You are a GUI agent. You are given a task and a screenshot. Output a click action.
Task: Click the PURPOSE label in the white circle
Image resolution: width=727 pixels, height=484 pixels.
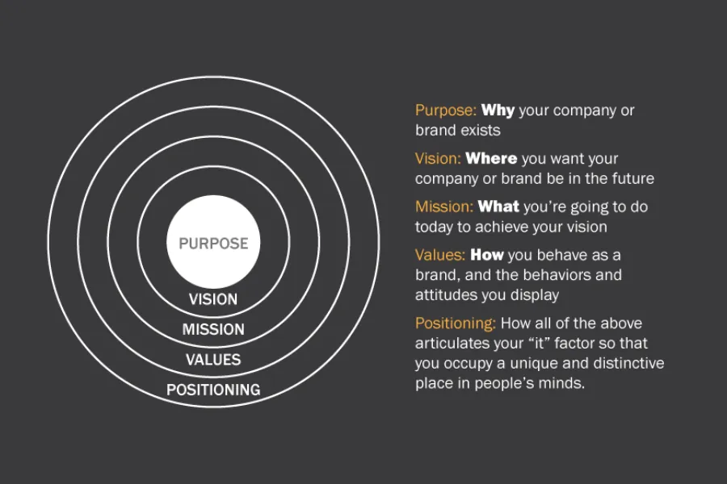click(213, 244)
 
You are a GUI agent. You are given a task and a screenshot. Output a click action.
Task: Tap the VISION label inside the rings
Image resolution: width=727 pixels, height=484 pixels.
click(213, 299)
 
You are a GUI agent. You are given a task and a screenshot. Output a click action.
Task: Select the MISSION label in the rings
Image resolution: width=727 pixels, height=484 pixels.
click(213, 329)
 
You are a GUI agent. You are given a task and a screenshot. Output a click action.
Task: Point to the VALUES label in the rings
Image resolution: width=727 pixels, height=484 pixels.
click(213, 360)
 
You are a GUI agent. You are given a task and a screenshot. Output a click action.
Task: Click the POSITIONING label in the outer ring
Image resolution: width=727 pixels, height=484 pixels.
click(213, 390)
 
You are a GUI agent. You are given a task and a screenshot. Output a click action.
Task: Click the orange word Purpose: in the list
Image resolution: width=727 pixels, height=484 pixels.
click(445, 111)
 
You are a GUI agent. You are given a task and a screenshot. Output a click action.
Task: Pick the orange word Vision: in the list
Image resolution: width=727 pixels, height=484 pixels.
click(438, 159)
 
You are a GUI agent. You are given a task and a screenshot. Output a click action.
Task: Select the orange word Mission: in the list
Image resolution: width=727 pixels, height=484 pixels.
click(443, 207)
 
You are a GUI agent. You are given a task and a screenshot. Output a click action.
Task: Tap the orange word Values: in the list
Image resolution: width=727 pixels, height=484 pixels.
click(440, 255)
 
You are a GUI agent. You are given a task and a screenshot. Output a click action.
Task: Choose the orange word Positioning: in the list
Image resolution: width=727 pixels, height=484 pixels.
click(456, 323)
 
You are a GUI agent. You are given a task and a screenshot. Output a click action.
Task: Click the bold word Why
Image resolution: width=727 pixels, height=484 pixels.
click(498, 111)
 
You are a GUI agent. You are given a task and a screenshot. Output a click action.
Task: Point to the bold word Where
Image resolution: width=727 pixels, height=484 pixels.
click(491, 159)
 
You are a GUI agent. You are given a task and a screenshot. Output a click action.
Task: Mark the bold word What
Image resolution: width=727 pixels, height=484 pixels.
click(498, 207)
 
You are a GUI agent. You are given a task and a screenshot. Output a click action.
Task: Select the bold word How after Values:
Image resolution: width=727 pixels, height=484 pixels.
click(487, 255)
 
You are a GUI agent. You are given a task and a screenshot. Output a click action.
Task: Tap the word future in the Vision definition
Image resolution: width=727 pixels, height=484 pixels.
click(632, 178)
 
